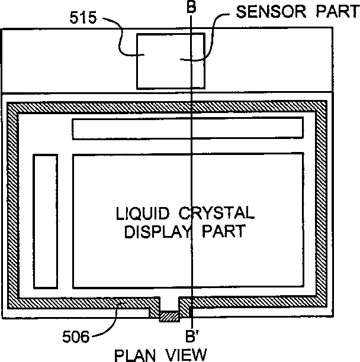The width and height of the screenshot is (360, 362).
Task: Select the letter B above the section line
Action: click(x=191, y=8)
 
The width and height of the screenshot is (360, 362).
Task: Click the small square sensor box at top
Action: click(x=171, y=60)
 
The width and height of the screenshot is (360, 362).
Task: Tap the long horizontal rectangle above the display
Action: click(x=188, y=128)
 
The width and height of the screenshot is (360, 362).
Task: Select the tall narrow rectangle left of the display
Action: click(x=46, y=227)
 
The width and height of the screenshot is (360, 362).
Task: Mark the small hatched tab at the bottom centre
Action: click(x=169, y=317)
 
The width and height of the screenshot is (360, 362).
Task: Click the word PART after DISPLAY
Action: click(x=223, y=231)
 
